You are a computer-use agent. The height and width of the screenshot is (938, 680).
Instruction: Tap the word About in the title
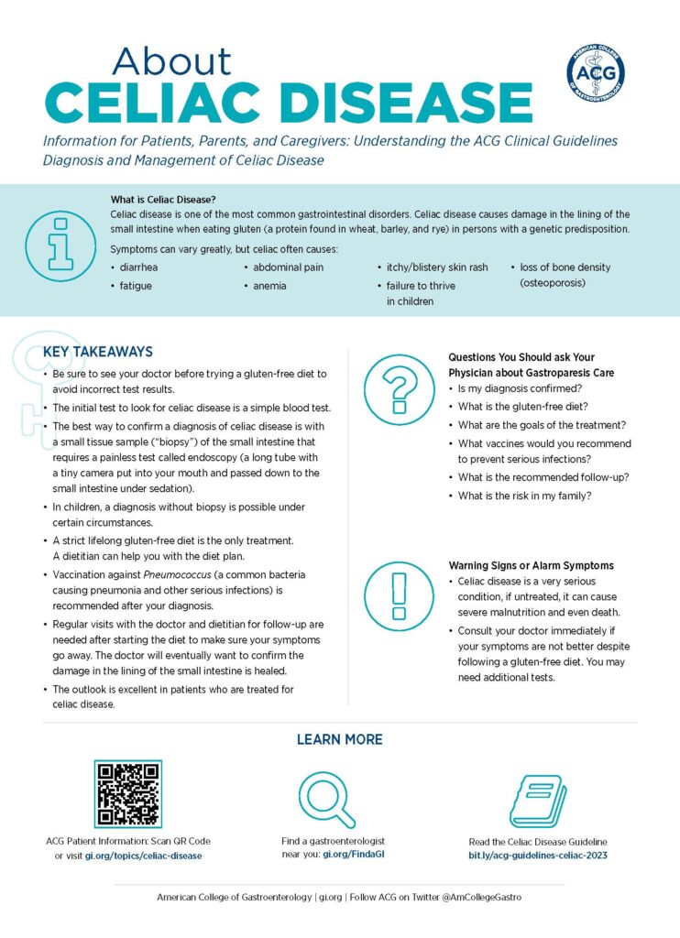tap(171, 61)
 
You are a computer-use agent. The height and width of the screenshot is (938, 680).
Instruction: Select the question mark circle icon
tap(398, 387)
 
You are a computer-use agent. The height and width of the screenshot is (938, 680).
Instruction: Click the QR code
tap(128, 793)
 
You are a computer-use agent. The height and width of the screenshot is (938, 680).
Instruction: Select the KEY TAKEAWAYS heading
tap(98, 352)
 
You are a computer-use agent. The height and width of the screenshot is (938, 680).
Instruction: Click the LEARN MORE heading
tap(339, 739)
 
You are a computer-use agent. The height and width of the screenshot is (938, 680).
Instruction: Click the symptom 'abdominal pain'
tap(288, 267)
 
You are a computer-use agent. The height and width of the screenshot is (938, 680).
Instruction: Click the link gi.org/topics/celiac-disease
tap(143, 856)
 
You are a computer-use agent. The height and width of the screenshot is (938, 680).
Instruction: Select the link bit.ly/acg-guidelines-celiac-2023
tap(538, 856)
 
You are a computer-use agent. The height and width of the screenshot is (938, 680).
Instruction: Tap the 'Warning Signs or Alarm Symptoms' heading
tap(531, 565)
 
